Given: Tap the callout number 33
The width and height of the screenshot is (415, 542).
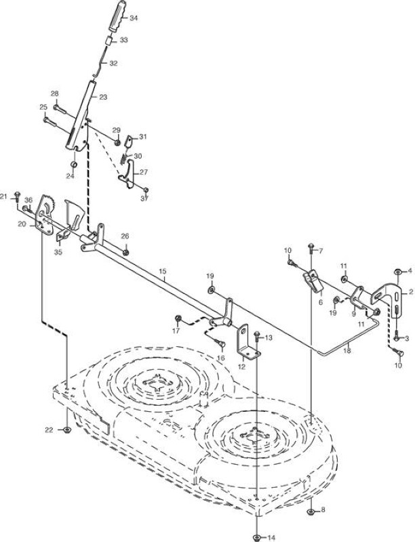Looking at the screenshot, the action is (124, 40).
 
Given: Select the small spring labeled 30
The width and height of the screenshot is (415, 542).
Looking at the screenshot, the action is (124, 159).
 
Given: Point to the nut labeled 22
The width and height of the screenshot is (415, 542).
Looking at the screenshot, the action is (67, 430).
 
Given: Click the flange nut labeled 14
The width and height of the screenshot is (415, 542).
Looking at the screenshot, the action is (256, 537).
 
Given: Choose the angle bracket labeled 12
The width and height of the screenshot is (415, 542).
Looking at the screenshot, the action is (248, 342).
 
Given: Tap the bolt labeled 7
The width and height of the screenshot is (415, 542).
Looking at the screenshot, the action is (311, 248).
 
